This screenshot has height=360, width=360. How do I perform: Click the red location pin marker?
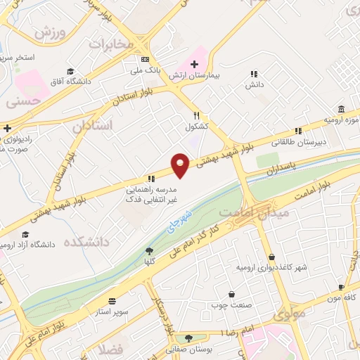coord(181,165)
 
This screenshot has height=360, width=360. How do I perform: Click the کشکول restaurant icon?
coord(197,116)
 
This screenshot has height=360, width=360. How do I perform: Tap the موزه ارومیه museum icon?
coord(341,109)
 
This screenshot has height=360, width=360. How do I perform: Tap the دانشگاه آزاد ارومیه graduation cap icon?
coord(26,235)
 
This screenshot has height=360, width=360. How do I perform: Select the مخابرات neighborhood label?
coord(110,44)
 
